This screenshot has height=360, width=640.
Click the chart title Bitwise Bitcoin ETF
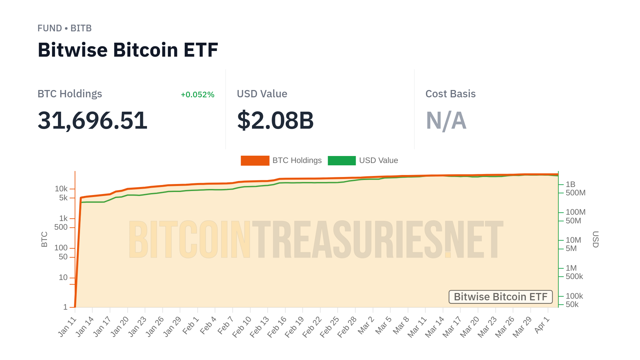[128, 50]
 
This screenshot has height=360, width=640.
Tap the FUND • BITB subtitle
[64, 28]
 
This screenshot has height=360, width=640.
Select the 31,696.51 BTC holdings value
[92, 120]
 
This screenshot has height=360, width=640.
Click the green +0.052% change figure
[197, 95]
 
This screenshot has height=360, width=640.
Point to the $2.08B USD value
[275, 120]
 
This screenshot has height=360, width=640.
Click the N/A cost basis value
[446, 120]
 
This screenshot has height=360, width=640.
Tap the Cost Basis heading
[450, 94]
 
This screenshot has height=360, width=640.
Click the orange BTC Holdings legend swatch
[255, 161]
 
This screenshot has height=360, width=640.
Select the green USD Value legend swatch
[342, 161]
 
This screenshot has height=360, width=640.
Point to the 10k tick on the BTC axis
[61, 189]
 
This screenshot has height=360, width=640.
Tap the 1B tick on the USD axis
[570, 184]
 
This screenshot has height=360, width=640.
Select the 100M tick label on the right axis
[575, 212]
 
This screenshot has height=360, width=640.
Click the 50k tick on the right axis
[572, 304]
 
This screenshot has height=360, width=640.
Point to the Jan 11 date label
[67, 327]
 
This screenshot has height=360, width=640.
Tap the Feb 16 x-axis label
[277, 327]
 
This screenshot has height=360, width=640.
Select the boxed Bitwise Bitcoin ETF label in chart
[500, 297]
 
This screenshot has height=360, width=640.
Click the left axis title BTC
[44, 239]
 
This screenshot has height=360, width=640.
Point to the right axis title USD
[595, 239]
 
